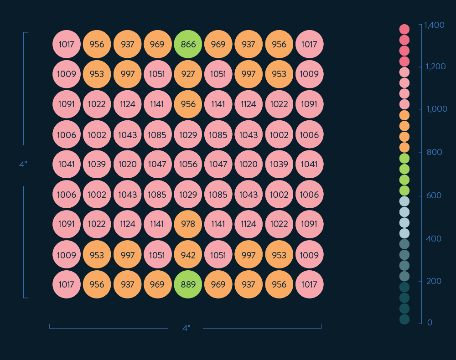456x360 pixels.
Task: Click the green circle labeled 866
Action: coord(188,44)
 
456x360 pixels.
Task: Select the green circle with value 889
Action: coord(188,284)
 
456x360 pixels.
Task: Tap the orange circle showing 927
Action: coord(188,74)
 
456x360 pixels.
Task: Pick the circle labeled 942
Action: coord(188,255)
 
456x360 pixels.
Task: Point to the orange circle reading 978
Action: coord(188,224)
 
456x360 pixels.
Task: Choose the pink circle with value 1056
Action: coord(188,164)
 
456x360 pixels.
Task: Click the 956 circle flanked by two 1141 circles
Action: coord(188,104)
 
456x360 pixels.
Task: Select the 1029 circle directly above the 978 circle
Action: coord(188,195)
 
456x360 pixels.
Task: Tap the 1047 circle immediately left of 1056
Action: coord(157,164)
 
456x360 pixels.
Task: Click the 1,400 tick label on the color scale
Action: coord(434,26)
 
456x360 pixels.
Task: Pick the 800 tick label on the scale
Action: coord(434,152)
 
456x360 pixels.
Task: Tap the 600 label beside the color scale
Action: coord(434,195)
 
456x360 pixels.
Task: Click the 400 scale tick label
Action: coord(434,239)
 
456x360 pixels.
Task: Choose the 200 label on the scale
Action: coord(434,281)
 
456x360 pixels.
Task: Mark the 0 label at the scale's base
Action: coord(430,323)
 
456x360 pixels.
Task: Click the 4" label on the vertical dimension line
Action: coord(23,165)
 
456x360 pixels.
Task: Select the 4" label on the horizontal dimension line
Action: coord(186,328)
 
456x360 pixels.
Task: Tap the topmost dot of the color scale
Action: coord(404,29)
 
